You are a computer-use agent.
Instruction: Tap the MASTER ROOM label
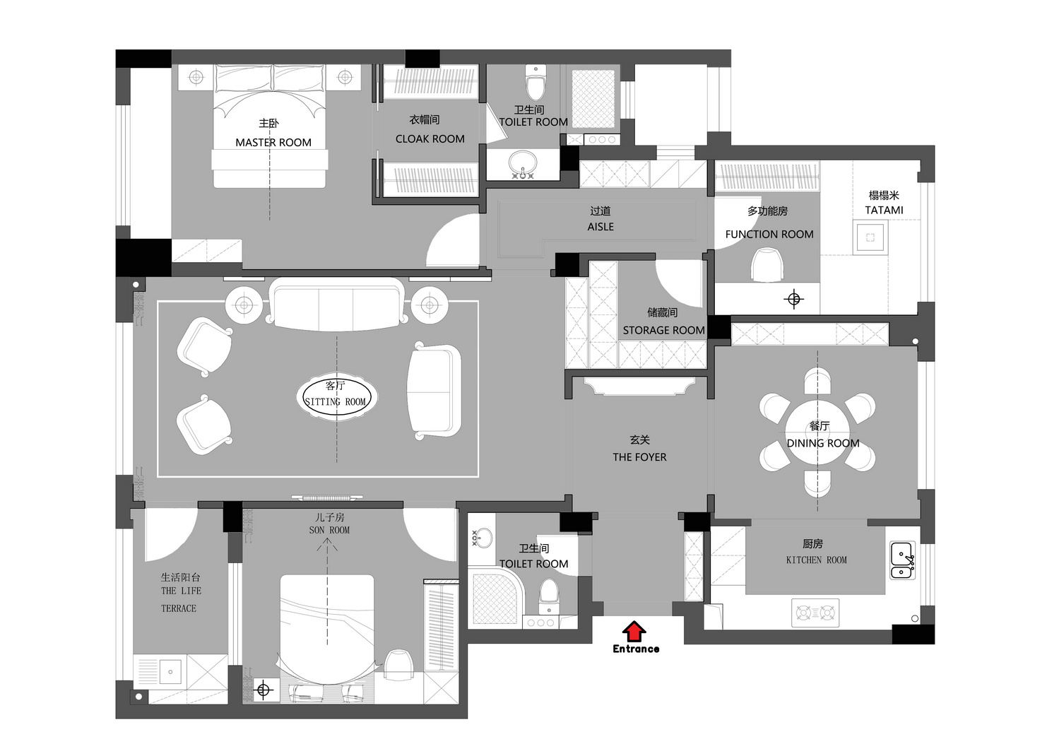click(x=273, y=142)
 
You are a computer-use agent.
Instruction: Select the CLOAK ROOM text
click(x=430, y=139)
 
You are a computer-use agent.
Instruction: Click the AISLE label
click(x=601, y=227)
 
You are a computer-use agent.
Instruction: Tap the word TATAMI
click(x=884, y=210)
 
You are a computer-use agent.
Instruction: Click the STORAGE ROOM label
click(x=663, y=331)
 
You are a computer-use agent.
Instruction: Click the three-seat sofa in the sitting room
click(x=336, y=304)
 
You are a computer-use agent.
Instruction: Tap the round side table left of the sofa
click(x=244, y=305)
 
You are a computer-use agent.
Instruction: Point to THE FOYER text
click(x=639, y=457)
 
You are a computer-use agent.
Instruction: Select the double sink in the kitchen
click(x=902, y=560)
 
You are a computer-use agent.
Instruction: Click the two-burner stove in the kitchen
click(x=815, y=613)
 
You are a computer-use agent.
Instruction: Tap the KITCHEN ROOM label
click(x=817, y=560)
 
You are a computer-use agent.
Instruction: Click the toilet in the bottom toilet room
click(x=549, y=597)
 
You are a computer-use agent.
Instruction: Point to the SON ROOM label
click(x=329, y=531)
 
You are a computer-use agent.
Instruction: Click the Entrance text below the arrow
click(x=636, y=649)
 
